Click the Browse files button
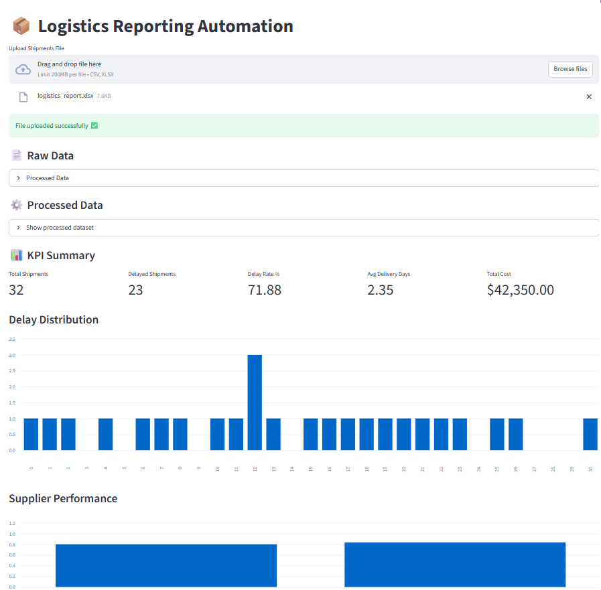click(570, 69)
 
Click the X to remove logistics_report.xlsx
click(589, 96)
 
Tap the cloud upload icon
click(23, 69)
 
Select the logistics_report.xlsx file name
click(66, 96)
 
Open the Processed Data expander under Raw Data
click(47, 178)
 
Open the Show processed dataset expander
click(60, 228)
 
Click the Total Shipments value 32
click(16, 290)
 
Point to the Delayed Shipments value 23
click(135, 290)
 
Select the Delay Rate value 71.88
click(265, 290)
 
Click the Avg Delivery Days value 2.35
click(380, 290)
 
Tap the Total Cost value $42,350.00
click(520, 290)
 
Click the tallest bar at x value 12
click(255, 402)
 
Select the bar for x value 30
click(590, 434)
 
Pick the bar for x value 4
click(105, 434)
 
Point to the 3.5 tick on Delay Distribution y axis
click(12, 339)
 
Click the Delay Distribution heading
click(54, 319)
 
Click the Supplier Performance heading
click(63, 498)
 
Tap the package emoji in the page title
click(21, 26)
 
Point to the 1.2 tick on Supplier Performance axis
click(12, 523)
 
